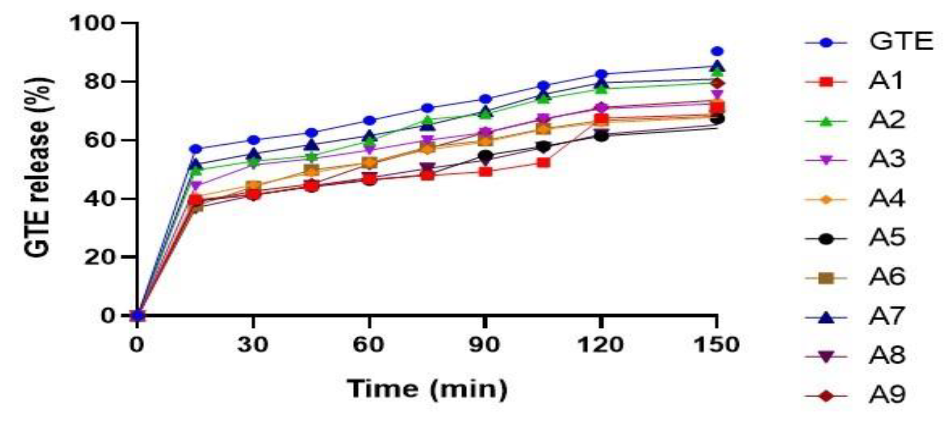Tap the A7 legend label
pos(887,317)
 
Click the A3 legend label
pos(887,160)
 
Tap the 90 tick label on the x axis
pos(484,345)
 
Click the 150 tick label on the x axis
pos(716,345)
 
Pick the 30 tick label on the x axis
pos(253,345)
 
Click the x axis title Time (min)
pos(427,389)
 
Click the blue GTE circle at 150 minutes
pos(717,52)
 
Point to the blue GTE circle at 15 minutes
pos(195,149)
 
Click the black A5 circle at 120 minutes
pos(601,136)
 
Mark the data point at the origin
pos(138,315)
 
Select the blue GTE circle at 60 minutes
pos(370,121)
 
